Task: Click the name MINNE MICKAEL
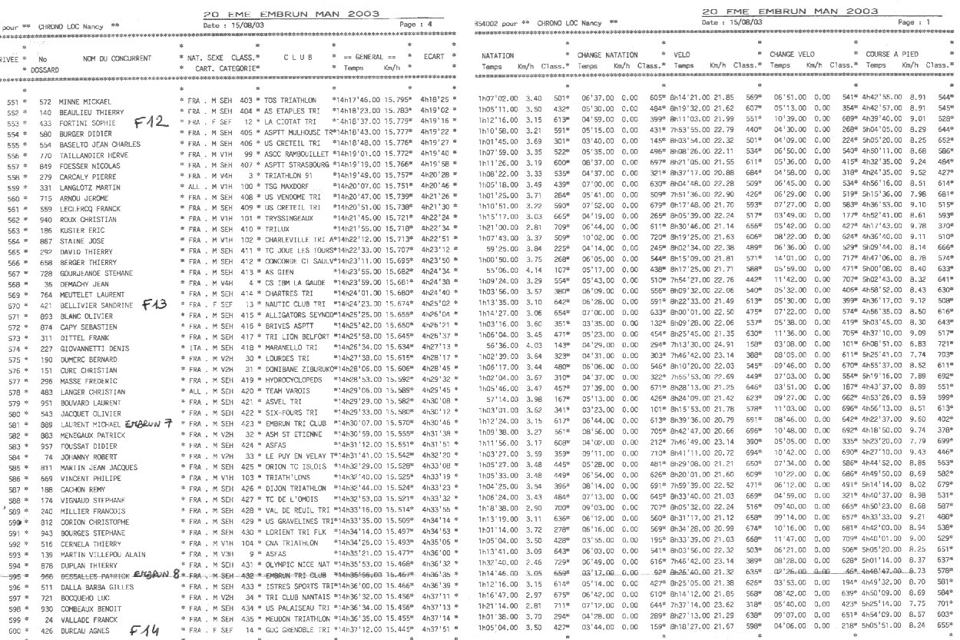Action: click(86, 101)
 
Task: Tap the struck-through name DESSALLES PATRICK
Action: click(92, 575)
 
